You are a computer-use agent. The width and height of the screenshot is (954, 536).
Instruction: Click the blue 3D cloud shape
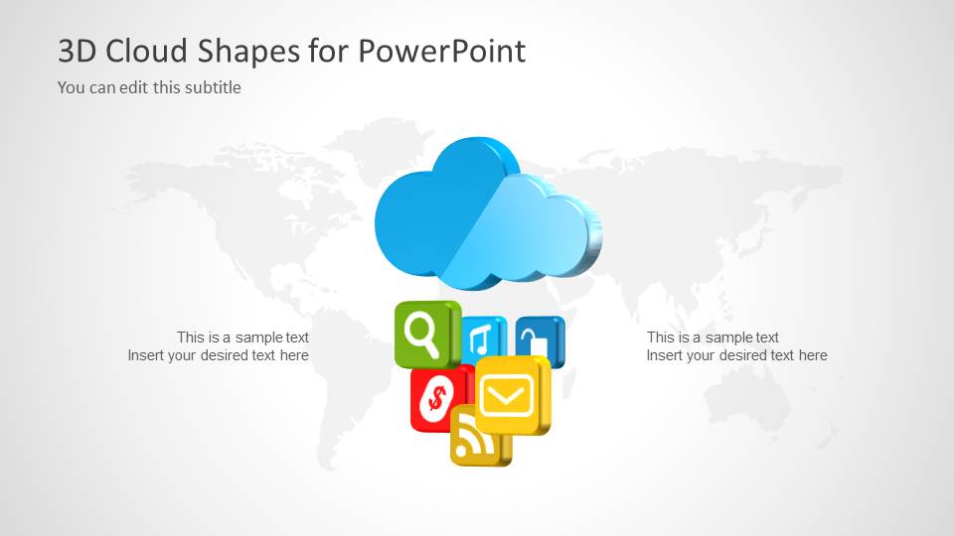[x=487, y=213]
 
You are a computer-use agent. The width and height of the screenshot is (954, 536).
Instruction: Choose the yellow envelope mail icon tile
[x=511, y=396]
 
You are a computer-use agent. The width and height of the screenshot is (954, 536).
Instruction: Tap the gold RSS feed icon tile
[x=478, y=438]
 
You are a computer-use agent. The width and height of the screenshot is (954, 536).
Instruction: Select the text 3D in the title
[x=78, y=51]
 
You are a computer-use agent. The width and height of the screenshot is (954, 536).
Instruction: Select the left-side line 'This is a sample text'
[x=242, y=337]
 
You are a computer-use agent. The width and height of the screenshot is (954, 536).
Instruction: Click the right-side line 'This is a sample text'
[x=713, y=337]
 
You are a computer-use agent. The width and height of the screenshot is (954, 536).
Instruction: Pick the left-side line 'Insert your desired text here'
[x=218, y=355]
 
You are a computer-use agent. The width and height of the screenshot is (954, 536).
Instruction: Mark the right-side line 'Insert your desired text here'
[x=736, y=355]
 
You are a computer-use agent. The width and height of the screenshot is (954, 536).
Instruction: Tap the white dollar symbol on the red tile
[x=435, y=398]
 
